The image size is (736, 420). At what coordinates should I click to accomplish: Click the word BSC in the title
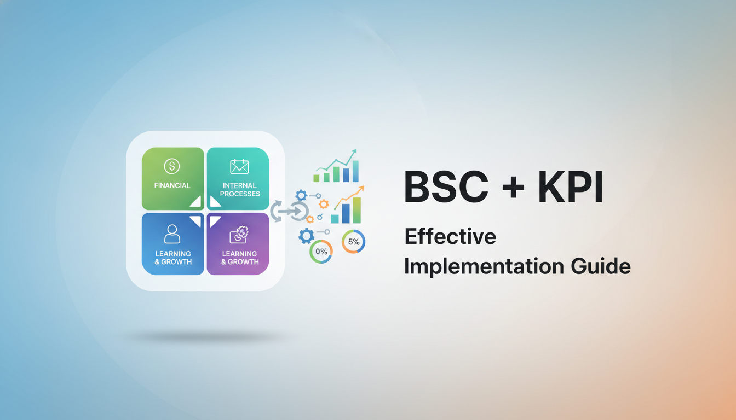pos(445,187)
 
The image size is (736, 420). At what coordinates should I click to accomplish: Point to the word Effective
pos(450,236)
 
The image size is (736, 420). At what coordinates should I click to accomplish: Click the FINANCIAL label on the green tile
pos(173,185)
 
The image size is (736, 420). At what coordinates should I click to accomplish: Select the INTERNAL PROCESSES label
pos(240,189)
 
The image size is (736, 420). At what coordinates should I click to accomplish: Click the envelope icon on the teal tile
pos(239,166)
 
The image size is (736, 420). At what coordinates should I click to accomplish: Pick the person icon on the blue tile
pos(173,234)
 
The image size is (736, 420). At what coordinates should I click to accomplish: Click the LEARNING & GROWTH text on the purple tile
pos(239,258)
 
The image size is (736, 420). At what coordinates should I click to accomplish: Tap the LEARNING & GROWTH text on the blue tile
pos(173,258)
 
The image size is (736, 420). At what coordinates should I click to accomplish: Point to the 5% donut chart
pos(353,242)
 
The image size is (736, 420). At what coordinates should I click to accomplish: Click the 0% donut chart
pos(321,252)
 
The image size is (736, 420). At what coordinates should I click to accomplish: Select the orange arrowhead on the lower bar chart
pos(361,189)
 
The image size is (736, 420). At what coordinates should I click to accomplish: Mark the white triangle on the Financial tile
pos(196,202)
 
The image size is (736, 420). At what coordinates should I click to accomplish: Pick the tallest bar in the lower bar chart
pos(357,210)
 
